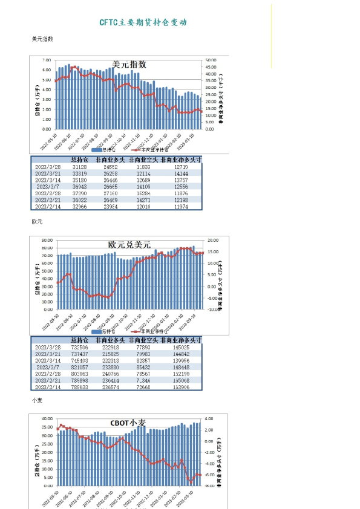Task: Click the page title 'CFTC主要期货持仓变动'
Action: point(143,22)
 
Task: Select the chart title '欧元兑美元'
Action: point(129,245)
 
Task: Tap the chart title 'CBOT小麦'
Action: point(128,423)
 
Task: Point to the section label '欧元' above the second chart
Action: point(38,222)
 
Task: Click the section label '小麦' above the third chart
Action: point(38,400)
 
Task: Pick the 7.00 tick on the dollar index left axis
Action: point(47,60)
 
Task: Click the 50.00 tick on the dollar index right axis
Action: point(211,60)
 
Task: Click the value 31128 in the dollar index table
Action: point(79,166)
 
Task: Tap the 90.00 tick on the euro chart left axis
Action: point(45,240)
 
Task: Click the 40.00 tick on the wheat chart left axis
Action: point(45,418)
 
